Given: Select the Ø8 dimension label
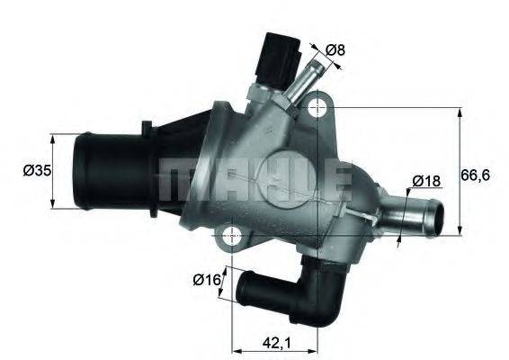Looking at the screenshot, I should click(x=335, y=50).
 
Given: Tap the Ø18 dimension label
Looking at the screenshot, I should click(x=425, y=181).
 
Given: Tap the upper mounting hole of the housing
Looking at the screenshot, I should click(x=315, y=109).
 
